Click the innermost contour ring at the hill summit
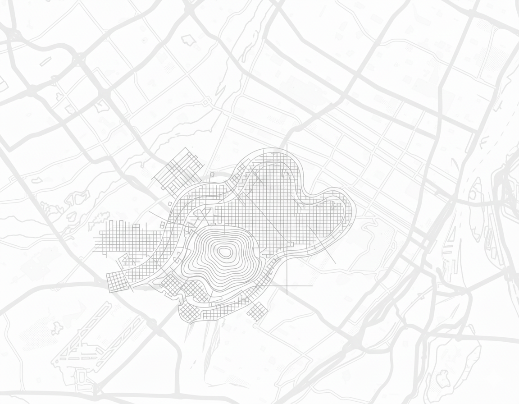coord(223,252)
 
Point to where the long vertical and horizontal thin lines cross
coord(287,286)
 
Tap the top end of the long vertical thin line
coord(287,144)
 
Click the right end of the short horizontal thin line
coord(312,286)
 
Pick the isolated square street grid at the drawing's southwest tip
coord(117,282)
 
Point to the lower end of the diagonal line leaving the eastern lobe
coord(336,264)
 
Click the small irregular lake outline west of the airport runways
coord(57,329)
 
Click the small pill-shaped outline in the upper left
coord(46,62)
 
